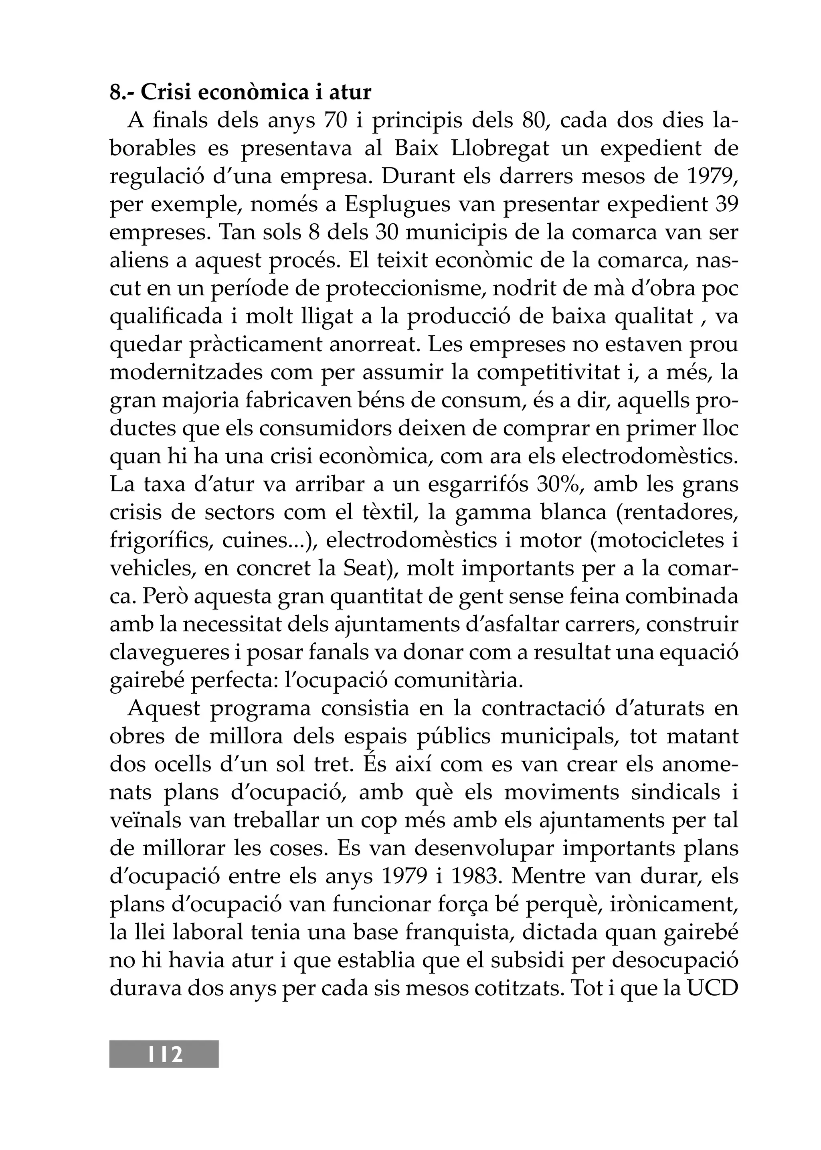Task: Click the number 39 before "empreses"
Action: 728,205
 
